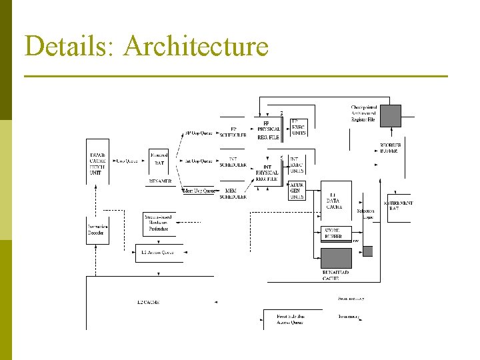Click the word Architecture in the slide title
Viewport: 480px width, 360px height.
pos(196,47)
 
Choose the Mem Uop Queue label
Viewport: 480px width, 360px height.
pos(199,191)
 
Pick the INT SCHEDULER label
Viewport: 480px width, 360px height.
pos(233,162)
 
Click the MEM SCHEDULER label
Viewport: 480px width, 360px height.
pos(233,194)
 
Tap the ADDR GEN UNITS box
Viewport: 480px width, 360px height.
pos(297,190)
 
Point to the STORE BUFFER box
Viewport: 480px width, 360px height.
pos(333,233)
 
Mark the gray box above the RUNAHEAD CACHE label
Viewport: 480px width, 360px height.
pos(336,257)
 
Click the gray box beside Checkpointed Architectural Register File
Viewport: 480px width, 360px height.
pos(391,115)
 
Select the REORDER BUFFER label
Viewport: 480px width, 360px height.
pos(389,148)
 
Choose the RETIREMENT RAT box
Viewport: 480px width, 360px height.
pos(399,205)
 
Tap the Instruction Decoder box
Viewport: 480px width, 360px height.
pos(97,230)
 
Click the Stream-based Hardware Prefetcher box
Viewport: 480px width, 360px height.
pos(158,223)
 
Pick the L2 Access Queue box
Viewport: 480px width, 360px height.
pos(159,253)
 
